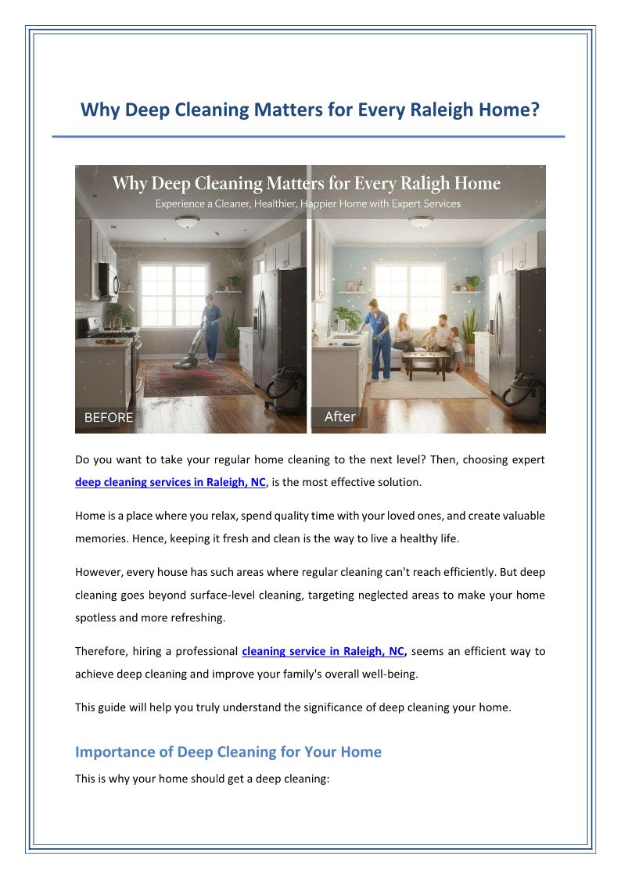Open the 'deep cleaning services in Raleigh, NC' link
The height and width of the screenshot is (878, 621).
tap(171, 482)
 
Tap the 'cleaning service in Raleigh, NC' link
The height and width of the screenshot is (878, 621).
tap(324, 651)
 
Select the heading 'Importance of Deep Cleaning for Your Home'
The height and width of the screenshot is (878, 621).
tap(228, 752)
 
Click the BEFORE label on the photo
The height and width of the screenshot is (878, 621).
tap(109, 418)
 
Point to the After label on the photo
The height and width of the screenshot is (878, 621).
tap(340, 416)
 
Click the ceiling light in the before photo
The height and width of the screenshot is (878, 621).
tap(188, 223)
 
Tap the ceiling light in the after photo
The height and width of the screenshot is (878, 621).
tap(420, 222)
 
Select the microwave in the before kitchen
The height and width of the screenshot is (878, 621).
tap(107, 279)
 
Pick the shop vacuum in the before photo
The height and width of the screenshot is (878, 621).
tap(287, 389)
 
